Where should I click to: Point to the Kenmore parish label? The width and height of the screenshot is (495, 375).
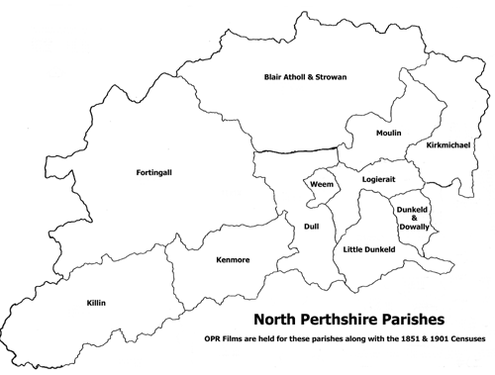tap(233, 261)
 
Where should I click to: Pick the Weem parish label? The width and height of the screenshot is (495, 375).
tap(321, 184)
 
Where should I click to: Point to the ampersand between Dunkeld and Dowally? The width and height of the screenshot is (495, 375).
tap(413, 219)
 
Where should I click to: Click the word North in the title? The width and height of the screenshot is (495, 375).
tap(276, 320)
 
